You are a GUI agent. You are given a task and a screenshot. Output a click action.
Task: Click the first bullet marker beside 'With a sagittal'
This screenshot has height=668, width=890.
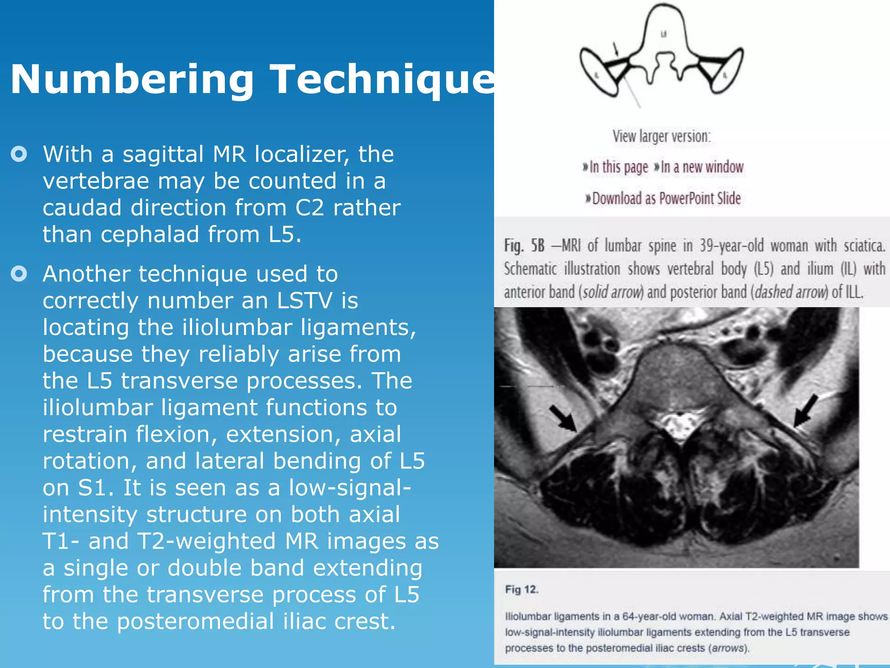tap(19, 154)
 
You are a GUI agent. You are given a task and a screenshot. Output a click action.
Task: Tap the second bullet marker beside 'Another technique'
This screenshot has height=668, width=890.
tap(19, 274)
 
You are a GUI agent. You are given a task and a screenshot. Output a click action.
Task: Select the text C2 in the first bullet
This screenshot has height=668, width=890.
tap(309, 207)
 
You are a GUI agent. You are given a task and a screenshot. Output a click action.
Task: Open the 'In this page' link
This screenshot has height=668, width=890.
tap(616, 167)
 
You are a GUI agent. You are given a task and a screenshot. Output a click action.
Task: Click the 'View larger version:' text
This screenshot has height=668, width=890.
tap(661, 136)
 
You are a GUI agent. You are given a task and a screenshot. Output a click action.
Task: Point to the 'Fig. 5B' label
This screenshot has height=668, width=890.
tap(524, 246)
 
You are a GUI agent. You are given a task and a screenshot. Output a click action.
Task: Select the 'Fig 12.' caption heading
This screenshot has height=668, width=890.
tap(521, 590)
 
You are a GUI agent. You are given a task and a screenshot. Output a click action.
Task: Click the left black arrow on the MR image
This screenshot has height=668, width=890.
tap(562, 418)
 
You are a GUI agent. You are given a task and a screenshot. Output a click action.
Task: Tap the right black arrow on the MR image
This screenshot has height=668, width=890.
tap(806, 410)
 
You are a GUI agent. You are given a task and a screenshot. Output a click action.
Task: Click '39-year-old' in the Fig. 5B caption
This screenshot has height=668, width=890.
tap(731, 246)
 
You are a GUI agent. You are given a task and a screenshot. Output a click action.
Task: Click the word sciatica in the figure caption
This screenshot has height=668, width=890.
tap(864, 246)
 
